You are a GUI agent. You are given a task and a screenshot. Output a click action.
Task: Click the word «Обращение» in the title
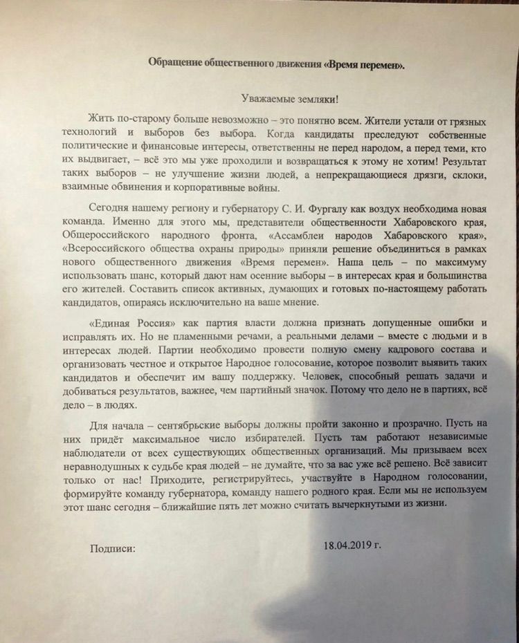(179, 64)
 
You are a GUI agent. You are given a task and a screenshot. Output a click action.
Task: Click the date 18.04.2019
(352, 545)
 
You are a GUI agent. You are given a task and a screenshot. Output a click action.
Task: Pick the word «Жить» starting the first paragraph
(102, 117)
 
